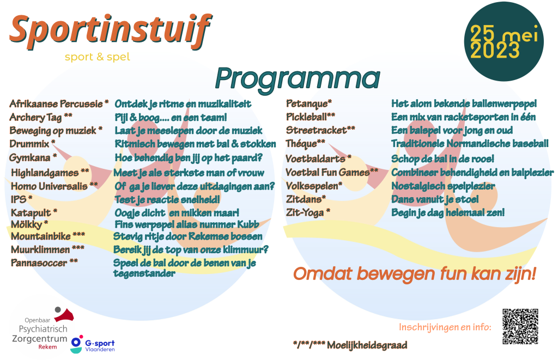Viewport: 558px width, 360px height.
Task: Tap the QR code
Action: click(520, 326)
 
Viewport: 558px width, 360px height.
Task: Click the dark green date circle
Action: click(504, 41)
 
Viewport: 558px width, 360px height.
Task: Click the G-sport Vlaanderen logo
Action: click(93, 344)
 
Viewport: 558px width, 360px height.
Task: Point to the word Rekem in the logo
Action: click(48, 347)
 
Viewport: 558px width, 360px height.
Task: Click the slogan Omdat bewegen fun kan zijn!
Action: click(415, 274)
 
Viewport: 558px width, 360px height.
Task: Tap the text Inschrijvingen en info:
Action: click(445, 327)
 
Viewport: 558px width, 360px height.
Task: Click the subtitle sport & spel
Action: click(97, 57)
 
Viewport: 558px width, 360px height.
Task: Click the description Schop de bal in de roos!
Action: click(442, 158)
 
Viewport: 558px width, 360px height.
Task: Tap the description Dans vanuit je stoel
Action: click(435, 199)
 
